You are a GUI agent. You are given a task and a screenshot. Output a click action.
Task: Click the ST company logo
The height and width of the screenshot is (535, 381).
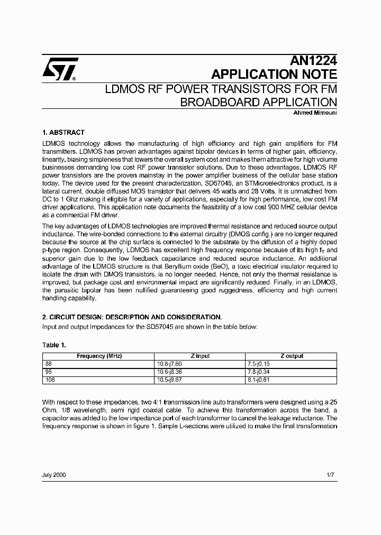(x=60, y=69)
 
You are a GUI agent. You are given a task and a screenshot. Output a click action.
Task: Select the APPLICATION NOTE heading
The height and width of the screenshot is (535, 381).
(x=274, y=74)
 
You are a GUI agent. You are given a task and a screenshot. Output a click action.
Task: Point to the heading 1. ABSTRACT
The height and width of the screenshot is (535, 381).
(x=63, y=133)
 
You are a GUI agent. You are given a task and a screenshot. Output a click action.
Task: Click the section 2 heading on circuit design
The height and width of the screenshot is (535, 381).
(x=132, y=317)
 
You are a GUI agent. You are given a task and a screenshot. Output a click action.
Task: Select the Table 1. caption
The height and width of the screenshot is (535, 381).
(x=54, y=345)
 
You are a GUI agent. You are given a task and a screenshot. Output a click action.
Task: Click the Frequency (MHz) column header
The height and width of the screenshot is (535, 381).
(x=99, y=356)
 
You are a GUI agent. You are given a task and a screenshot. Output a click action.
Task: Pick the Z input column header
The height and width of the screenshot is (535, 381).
(x=200, y=356)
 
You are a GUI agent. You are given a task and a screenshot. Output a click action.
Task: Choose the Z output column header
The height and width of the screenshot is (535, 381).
(x=292, y=356)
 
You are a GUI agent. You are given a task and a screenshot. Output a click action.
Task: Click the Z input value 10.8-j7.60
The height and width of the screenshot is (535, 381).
(x=169, y=364)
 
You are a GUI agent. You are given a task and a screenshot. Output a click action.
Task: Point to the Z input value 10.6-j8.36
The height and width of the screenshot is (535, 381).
(x=169, y=371)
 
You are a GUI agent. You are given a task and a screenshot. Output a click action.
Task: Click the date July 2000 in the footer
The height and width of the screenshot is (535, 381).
(x=54, y=475)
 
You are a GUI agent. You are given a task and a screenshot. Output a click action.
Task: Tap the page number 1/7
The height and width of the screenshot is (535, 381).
(x=331, y=475)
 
